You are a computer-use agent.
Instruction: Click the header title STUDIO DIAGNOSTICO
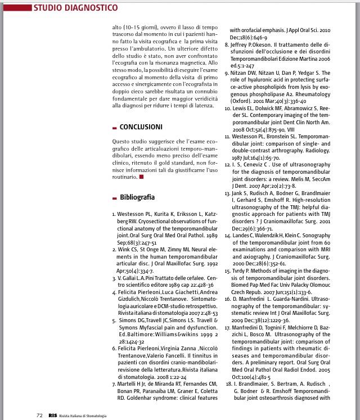point(75,8)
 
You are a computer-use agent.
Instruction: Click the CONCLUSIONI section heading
point(141,127)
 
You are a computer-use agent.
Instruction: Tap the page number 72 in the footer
point(39,415)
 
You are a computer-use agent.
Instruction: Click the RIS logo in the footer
point(52,415)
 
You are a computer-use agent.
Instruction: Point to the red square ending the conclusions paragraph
point(141,177)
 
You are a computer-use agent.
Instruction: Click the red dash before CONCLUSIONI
point(115,128)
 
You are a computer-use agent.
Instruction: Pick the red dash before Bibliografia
point(115,198)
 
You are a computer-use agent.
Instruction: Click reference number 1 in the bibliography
point(114,214)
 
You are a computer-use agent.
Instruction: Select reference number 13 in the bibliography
point(227,193)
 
